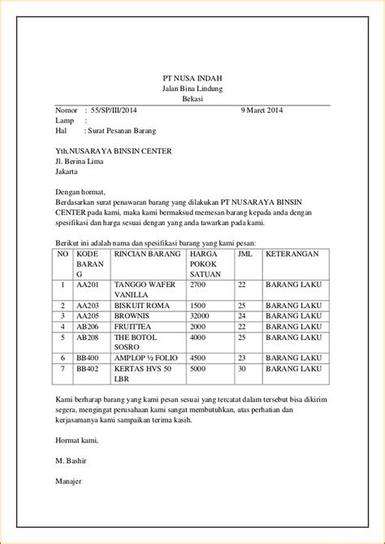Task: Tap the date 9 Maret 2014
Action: click(x=262, y=109)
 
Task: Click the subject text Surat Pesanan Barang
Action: click(x=122, y=130)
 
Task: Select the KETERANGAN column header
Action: click(x=295, y=254)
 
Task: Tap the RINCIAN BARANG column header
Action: click(x=147, y=254)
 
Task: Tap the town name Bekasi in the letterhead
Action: click(x=192, y=98)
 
